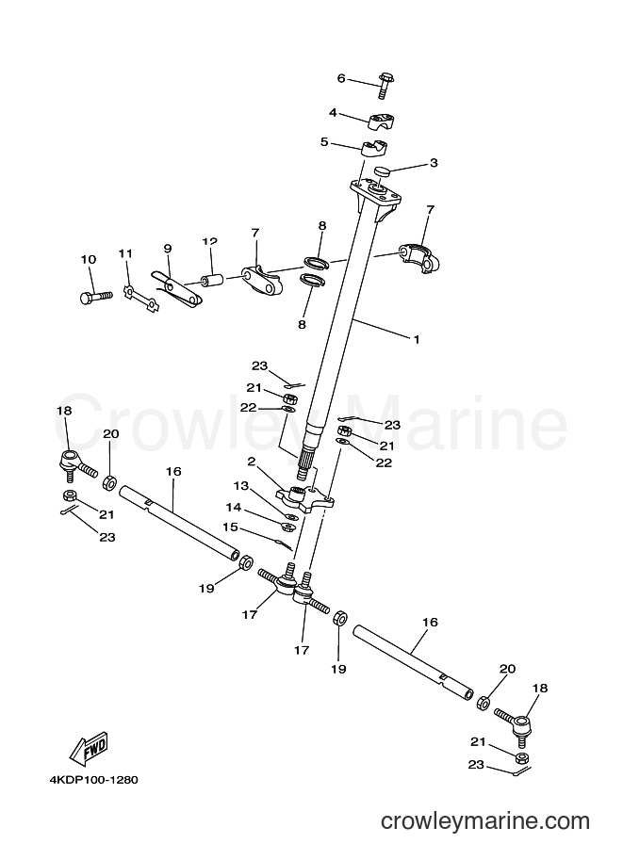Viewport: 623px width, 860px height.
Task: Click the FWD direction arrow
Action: pos(88,748)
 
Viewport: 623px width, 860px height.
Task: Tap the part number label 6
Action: pos(341,78)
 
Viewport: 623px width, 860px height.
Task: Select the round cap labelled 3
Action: pos(384,171)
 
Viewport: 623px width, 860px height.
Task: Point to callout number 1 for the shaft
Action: pos(416,339)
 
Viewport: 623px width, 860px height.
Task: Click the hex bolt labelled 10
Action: pos(96,296)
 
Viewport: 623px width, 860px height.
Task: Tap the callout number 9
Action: pos(168,249)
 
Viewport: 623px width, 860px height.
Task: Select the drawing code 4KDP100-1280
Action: pos(93,779)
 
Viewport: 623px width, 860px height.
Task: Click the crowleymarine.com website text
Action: pos(485,821)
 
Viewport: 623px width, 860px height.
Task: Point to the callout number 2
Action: pos(252,462)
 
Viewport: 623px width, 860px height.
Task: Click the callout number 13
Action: pos(240,486)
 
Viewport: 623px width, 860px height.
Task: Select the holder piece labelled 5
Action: pos(375,149)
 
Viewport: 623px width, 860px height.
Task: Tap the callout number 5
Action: pos(324,142)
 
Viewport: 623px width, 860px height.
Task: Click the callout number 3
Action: pos(434,163)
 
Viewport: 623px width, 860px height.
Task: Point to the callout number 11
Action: pos(125,253)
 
